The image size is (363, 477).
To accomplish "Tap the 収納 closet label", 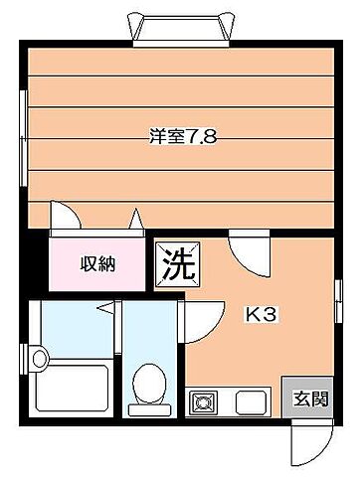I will (98, 263).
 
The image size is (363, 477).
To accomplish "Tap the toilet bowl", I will (150, 386).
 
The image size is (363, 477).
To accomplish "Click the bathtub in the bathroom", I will (71, 388).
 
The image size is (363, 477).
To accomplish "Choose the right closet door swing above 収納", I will (135, 220).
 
